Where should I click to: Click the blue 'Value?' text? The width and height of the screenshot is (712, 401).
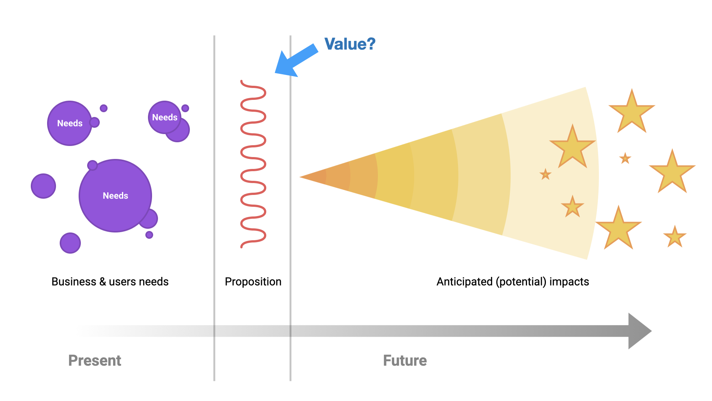pyautogui.click(x=350, y=44)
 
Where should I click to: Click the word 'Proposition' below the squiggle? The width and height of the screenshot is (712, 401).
pyautogui.click(x=253, y=282)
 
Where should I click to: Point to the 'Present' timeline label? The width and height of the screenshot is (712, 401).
pyautogui.click(x=95, y=361)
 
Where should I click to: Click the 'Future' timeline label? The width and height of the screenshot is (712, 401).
pyautogui.click(x=405, y=361)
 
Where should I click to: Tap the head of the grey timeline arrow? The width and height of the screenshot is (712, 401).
pyautogui.click(x=639, y=331)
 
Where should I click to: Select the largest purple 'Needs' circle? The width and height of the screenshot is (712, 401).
pyautogui.click(x=115, y=196)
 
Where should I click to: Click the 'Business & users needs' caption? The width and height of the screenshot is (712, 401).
pyautogui.click(x=110, y=282)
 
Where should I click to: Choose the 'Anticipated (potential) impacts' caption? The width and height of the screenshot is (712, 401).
pyautogui.click(x=512, y=282)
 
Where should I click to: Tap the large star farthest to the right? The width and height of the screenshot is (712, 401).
pyautogui.click(x=672, y=173)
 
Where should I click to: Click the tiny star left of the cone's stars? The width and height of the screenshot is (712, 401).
pyautogui.click(x=545, y=174)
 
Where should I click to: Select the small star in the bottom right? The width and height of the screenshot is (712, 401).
pyautogui.click(x=675, y=237)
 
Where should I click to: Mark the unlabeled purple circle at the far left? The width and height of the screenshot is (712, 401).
pyautogui.click(x=43, y=186)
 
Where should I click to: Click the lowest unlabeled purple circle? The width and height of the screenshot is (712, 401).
pyautogui.click(x=70, y=243)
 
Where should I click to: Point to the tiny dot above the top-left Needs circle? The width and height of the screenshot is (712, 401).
pyautogui.click(x=104, y=108)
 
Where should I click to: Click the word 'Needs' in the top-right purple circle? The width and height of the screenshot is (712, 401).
pyautogui.click(x=165, y=117)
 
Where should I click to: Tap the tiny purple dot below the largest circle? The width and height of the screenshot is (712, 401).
pyautogui.click(x=149, y=235)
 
